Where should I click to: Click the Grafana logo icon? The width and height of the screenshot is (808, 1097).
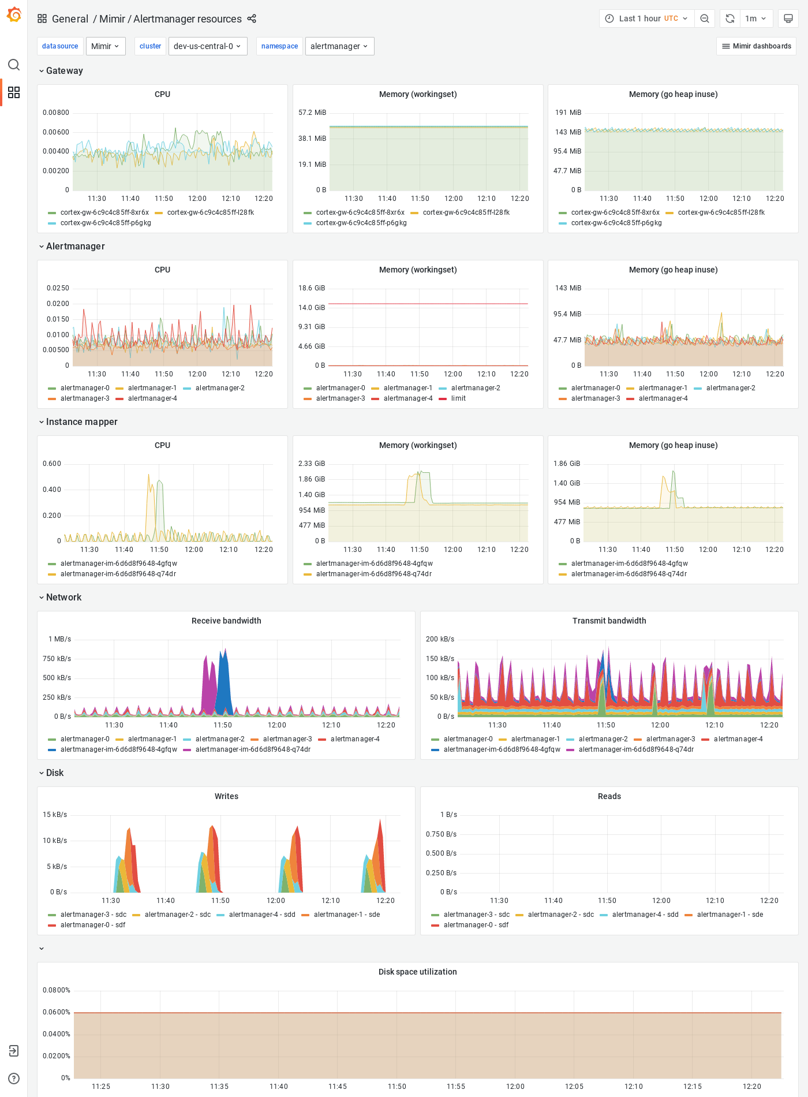tap(14, 15)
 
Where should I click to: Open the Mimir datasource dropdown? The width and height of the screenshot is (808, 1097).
tap(106, 46)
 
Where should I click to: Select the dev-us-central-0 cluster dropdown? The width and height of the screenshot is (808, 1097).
tap(207, 46)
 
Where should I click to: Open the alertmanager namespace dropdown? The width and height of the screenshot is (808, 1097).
tap(339, 46)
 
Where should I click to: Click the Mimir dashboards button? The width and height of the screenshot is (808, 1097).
tap(756, 46)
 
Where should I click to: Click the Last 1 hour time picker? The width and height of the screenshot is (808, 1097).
tap(646, 18)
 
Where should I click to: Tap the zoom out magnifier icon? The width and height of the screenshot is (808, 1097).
tap(705, 18)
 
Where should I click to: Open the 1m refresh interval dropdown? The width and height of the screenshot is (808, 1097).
tap(755, 18)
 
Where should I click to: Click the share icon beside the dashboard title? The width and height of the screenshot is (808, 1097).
tap(252, 18)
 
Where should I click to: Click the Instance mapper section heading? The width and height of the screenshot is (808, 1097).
tap(81, 421)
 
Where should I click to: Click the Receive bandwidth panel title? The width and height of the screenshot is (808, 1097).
tap(226, 621)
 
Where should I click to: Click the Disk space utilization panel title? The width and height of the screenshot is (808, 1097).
tap(417, 972)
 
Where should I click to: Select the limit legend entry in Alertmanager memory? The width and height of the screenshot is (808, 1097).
tap(458, 398)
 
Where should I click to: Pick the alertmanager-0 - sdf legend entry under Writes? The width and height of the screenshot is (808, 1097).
tap(92, 925)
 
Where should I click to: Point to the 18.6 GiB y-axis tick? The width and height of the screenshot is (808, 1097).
tap(312, 288)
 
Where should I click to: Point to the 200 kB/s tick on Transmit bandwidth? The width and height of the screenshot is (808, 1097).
tap(440, 639)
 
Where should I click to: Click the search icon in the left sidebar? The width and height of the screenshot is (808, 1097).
tap(14, 65)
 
